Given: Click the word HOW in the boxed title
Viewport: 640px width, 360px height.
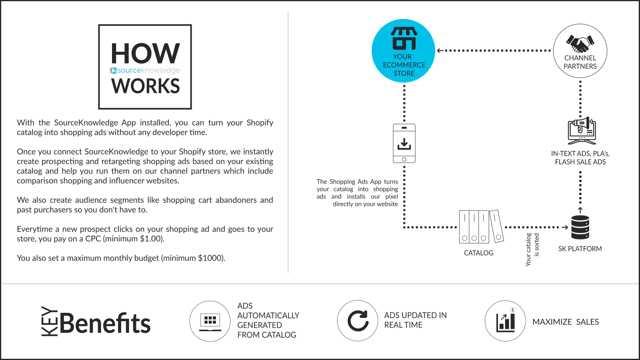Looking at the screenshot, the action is pos(145,53).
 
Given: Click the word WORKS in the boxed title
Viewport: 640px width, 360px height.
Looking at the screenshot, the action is pos(146,86).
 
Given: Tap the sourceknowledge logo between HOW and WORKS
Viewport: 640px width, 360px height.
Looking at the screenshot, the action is pos(145,70).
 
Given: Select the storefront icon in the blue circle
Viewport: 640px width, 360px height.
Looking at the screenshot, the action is pos(404,38).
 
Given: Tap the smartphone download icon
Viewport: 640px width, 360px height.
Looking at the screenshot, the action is pos(404,143).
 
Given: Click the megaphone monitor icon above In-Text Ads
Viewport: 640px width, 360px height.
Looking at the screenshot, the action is pos(582,130).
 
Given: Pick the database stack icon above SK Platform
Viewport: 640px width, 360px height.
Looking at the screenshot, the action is pos(580,227).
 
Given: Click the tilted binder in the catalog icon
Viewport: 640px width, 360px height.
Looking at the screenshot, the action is pos(497,226).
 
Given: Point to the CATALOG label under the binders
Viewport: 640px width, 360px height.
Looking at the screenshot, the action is pos(478,253).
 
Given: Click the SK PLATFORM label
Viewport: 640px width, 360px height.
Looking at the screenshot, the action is pos(580,249).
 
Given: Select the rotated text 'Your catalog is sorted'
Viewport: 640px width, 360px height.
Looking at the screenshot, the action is pos(532,250).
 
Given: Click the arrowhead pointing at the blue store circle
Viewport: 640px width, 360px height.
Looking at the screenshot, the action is pos(440,50).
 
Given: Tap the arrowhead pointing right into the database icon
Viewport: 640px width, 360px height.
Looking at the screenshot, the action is pos(565,228).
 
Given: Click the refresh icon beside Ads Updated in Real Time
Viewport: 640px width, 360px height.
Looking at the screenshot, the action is pos(358,320).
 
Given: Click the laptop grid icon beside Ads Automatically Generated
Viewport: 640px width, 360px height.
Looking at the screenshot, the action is pos(210,322).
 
